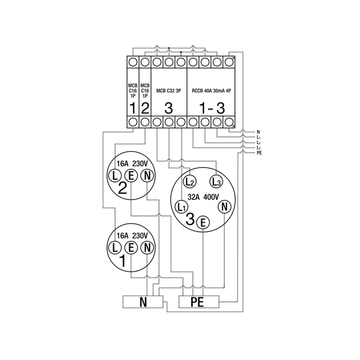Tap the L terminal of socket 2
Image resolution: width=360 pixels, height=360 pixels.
pos(114,175)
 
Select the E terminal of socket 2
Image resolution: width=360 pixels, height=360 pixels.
pos(131,175)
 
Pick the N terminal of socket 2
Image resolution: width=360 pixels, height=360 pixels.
pos(147,175)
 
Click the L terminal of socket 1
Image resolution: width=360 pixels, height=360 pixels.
pos(114,247)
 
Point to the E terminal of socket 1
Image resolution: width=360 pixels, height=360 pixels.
pos(131,247)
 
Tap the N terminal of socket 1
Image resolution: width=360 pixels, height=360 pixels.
pos(147,247)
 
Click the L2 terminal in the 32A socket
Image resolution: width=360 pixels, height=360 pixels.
pos(189,181)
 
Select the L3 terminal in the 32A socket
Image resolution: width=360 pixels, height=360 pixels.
pos(215,181)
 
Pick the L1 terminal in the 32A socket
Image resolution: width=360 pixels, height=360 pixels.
pos(181,207)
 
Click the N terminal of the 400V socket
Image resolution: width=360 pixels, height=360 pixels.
pos(224,207)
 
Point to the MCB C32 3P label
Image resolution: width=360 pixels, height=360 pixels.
pos(168,90)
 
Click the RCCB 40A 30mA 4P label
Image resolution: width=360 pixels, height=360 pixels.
pos(211,90)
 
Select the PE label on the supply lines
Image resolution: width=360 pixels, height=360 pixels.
pos(259,153)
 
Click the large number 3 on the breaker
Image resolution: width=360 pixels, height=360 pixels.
pos(168,108)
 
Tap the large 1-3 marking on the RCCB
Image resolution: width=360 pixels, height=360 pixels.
pos(211,108)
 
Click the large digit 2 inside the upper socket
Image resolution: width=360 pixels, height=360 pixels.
pos(122,188)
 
